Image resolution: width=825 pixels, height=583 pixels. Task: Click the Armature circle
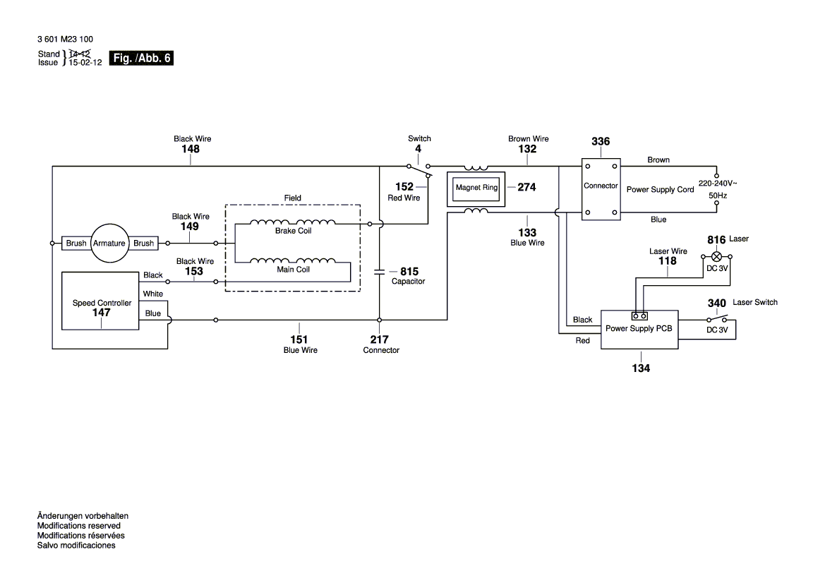(x=109, y=243)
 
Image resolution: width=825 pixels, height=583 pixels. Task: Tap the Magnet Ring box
(x=477, y=188)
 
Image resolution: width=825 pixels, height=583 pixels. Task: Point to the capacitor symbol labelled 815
(x=380, y=270)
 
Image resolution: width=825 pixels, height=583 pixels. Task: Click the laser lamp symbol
(x=716, y=256)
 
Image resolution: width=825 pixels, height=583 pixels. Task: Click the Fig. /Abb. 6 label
(x=142, y=59)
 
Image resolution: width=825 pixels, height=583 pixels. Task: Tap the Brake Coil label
(x=294, y=231)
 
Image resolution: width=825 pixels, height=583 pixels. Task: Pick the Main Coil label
(x=293, y=269)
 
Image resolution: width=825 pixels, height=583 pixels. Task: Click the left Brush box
(x=76, y=243)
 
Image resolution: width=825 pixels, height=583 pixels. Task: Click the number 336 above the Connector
(x=601, y=142)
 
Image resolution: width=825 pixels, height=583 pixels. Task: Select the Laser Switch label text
(x=755, y=302)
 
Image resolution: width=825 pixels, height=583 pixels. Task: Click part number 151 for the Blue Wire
(x=301, y=339)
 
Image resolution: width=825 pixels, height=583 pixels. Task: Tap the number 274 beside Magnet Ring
(x=526, y=187)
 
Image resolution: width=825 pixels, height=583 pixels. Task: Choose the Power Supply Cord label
(x=660, y=189)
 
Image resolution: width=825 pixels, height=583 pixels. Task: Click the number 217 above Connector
(x=380, y=339)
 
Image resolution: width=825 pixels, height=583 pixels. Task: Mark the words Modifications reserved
(x=78, y=526)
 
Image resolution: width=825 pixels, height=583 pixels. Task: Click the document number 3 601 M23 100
(x=65, y=40)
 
